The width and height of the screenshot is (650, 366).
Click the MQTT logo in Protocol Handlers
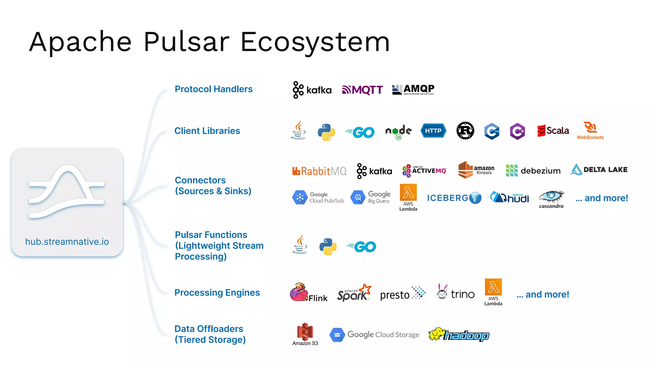tap(362, 90)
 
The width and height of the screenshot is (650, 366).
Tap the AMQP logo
tap(413, 90)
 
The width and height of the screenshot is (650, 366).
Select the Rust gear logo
tap(465, 131)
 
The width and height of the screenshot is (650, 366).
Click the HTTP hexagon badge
tap(433, 131)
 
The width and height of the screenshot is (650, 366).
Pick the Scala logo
tap(553, 131)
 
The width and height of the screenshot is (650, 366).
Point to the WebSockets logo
tap(590, 131)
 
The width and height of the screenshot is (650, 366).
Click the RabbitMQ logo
tap(319, 171)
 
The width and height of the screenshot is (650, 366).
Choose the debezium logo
tap(533, 171)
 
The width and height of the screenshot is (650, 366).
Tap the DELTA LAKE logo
tap(599, 170)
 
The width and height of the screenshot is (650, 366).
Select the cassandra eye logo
tap(551, 199)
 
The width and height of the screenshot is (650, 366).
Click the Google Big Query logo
tap(370, 197)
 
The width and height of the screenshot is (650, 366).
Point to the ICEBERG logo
tap(454, 198)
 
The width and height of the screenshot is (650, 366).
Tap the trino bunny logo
tap(455, 292)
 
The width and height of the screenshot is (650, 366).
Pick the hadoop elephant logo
tap(459, 335)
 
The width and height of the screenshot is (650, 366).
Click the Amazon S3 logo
tap(305, 334)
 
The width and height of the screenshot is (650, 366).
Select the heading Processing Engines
tap(217, 293)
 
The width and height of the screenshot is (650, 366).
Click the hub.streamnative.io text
tap(67, 242)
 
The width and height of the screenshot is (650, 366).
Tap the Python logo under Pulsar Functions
tap(328, 247)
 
